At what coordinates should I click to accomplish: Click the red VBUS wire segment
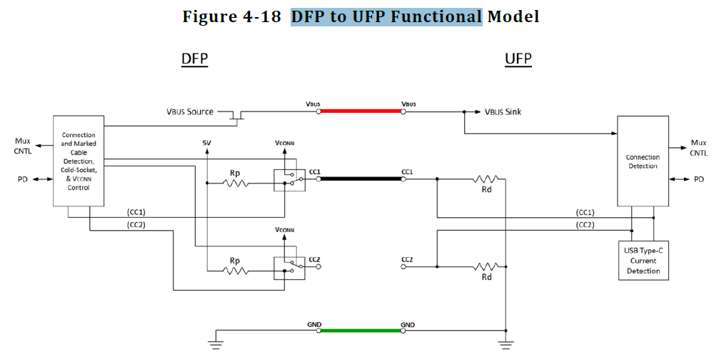[361, 111]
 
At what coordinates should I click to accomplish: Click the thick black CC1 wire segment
[361, 179]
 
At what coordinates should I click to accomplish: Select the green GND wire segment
[361, 330]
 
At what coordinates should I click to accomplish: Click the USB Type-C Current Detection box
[643, 260]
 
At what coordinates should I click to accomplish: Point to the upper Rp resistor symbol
[235, 184]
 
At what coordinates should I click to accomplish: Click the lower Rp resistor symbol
[235, 271]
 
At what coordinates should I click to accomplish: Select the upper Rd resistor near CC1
[486, 179]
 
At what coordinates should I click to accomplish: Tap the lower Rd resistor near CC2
[486, 266]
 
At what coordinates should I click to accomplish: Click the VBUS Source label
[190, 112]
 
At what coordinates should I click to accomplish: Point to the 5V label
[207, 144]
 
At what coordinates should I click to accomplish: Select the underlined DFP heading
[194, 59]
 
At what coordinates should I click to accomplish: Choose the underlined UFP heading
[518, 59]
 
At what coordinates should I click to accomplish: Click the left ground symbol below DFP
[216, 344]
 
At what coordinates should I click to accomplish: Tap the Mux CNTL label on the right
[698, 147]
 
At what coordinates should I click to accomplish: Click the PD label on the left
[23, 179]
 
